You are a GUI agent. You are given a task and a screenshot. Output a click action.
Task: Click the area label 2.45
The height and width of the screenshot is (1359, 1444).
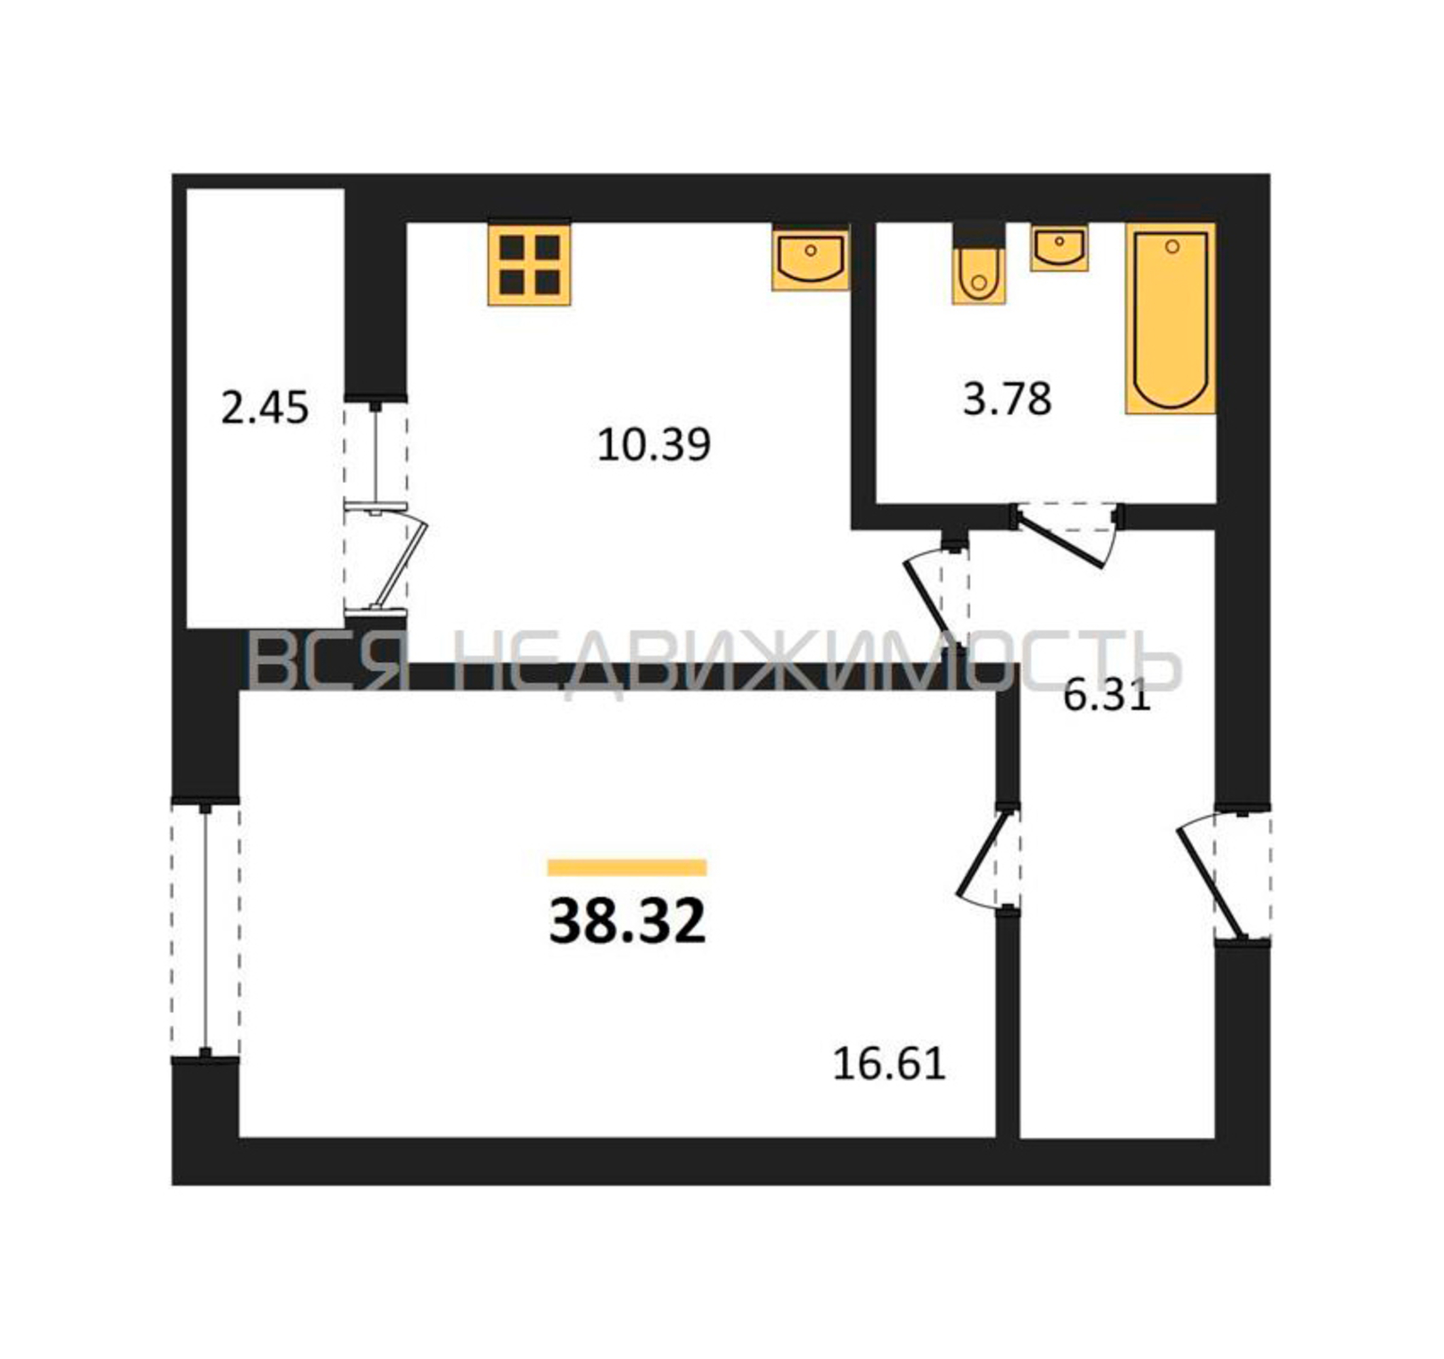(264, 408)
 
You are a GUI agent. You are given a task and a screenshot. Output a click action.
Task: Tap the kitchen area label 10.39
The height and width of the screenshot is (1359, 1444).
(654, 444)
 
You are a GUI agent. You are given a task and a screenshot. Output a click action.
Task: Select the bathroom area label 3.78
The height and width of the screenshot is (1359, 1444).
(1007, 399)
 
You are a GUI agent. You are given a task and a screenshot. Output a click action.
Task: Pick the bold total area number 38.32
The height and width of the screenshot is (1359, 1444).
(628, 921)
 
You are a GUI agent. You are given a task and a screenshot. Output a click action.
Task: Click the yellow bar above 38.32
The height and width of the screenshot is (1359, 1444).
(628, 867)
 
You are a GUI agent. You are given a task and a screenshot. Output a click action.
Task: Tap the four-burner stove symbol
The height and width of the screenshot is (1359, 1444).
(529, 264)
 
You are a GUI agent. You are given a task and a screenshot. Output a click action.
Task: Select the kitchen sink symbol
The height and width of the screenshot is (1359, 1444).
(811, 257)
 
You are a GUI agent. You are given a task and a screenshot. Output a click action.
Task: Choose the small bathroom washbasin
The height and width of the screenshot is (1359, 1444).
(1059, 248)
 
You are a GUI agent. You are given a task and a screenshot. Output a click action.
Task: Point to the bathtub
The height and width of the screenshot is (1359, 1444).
(1171, 319)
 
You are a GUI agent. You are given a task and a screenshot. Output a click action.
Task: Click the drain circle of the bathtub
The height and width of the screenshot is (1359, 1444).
(1172, 247)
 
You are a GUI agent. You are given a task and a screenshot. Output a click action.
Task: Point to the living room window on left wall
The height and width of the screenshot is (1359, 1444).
(206, 929)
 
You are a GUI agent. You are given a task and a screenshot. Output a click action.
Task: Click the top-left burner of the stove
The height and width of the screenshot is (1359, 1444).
(512, 248)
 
